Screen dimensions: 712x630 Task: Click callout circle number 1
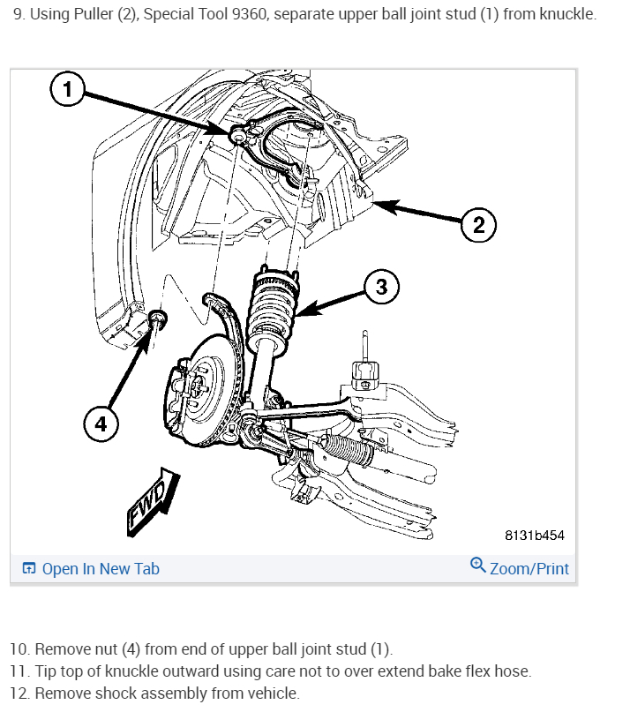pyautogui.click(x=68, y=88)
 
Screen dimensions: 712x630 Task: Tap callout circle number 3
pyautogui.click(x=380, y=287)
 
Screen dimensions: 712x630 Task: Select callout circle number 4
pyautogui.click(x=101, y=423)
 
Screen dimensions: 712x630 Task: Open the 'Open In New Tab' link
pyautogui.click(x=101, y=569)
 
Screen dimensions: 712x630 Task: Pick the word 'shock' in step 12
pyautogui.click(x=109, y=693)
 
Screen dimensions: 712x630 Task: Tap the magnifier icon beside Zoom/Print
pyautogui.click(x=478, y=566)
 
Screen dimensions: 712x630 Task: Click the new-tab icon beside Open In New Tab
pyautogui.click(x=29, y=569)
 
